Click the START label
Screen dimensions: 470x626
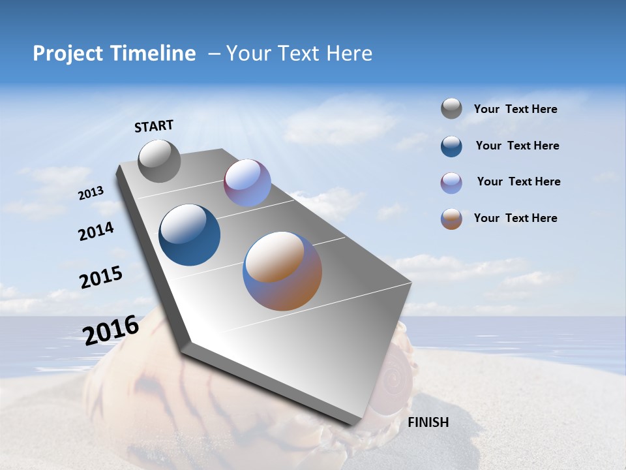click(154, 126)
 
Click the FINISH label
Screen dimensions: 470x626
click(428, 422)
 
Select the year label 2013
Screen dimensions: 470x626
click(91, 193)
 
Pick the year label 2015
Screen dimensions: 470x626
click(101, 277)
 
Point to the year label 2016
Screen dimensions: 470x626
click(111, 330)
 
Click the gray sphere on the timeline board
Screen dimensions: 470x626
click(159, 161)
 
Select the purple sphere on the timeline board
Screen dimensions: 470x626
click(247, 183)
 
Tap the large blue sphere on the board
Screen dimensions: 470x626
click(190, 235)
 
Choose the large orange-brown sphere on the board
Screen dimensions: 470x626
click(282, 271)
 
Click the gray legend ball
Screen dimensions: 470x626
click(451, 108)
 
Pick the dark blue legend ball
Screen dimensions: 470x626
click(451, 146)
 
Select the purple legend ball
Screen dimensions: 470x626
click(451, 183)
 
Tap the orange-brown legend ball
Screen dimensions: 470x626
click(451, 219)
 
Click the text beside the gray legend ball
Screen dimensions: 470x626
click(515, 110)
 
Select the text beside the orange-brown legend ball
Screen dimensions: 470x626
click(515, 218)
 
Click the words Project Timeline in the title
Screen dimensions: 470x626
click(114, 54)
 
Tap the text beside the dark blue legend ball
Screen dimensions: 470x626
click(517, 146)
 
